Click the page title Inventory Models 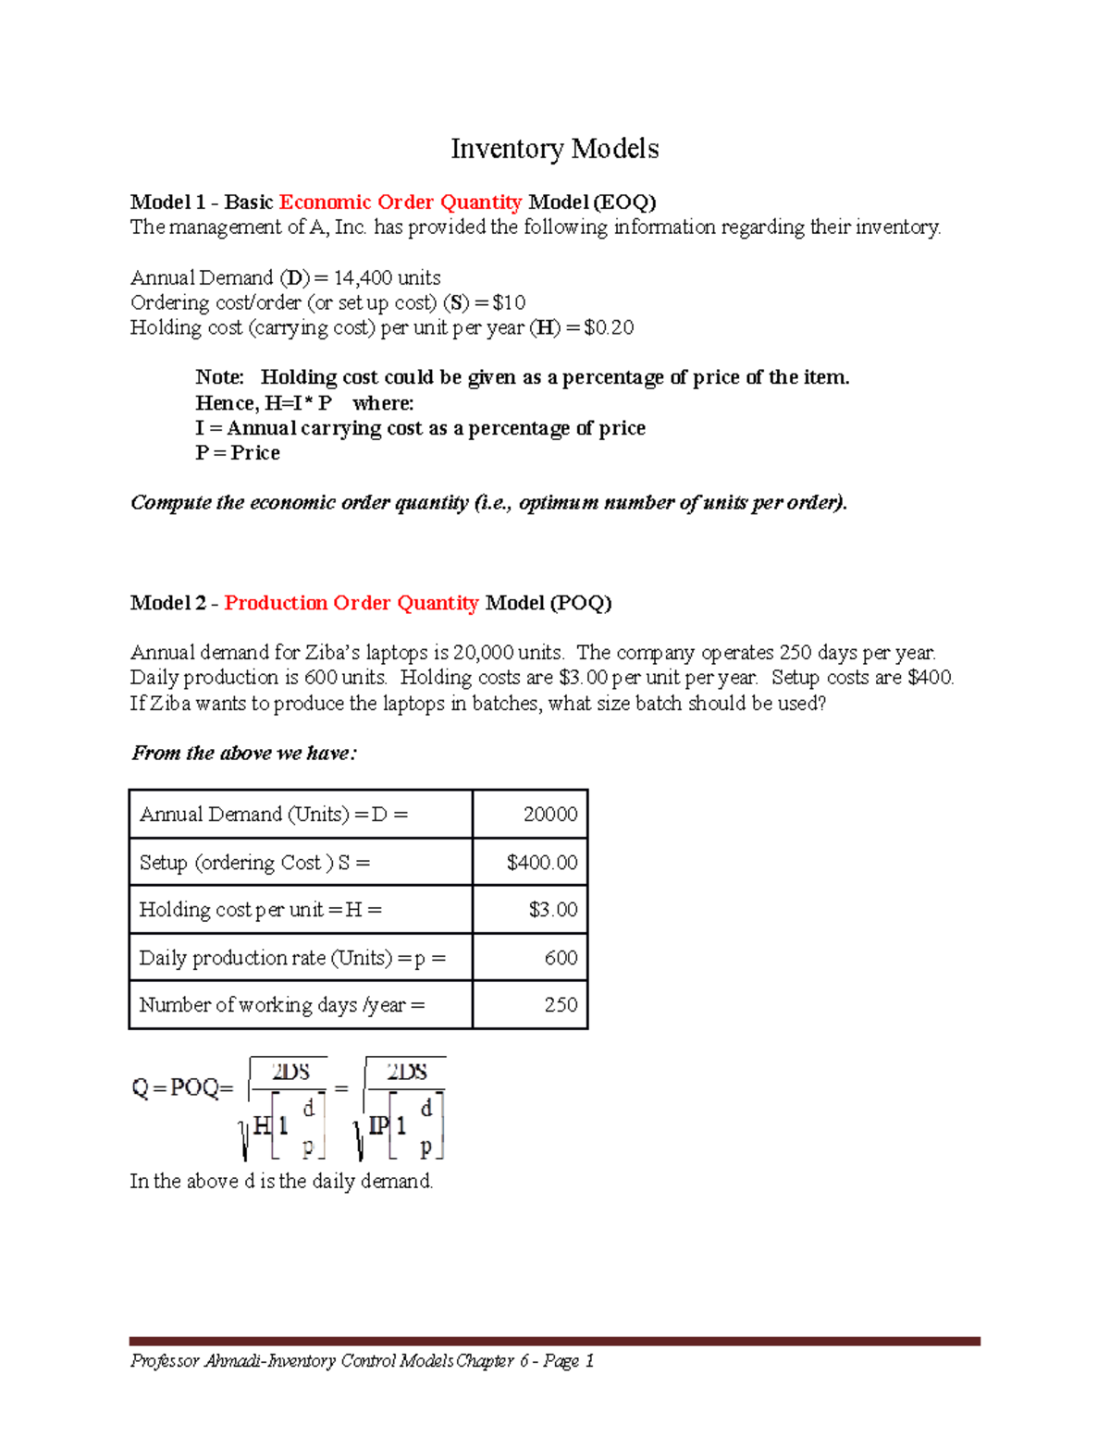[x=554, y=149]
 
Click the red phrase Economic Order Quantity [x=401, y=203]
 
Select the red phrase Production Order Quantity [x=351, y=603]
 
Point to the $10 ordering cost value [x=509, y=302]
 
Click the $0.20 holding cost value [x=609, y=327]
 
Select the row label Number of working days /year [x=282, y=1005]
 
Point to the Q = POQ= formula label [x=181, y=1088]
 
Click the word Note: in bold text [x=219, y=377]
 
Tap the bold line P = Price [x=238, y=453]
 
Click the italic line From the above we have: [x=244, y=754]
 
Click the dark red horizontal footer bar [x=554, y=1341]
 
